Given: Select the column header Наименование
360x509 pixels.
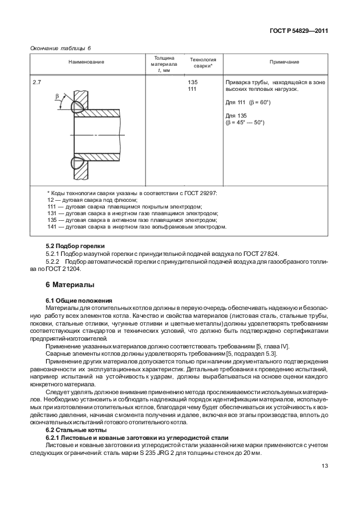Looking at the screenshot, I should pyautogui.click(x=86, y=62).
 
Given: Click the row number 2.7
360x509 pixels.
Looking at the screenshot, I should pyautogui.click(x=37, y=82).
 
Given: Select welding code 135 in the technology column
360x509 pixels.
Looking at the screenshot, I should pyautogui.click(x=192, y=82).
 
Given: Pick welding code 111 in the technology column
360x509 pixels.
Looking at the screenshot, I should pyautogui.click(x=192, y=89).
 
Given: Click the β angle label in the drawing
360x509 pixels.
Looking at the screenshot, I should pyautogui.click(x=57, y=96).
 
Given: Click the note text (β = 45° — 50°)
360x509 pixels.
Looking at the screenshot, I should pyautogui.click(x=245, y=122).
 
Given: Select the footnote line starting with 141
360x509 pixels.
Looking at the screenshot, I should pyautogui.click(x=137, y=227).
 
